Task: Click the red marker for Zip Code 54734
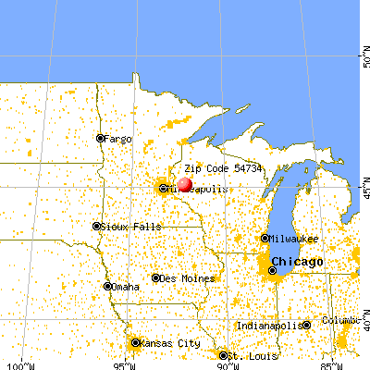point(185,184)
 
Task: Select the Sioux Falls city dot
point(96,226)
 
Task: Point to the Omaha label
point(127,287)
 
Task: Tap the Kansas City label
point(170,343)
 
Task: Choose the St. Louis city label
point(247,354)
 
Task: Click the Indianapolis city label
point(269,326)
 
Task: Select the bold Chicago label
point(299,262)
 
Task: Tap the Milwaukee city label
point(296,239)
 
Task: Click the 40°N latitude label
point(363,325)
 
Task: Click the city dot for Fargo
point(101,139)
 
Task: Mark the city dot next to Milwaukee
point(265,239)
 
